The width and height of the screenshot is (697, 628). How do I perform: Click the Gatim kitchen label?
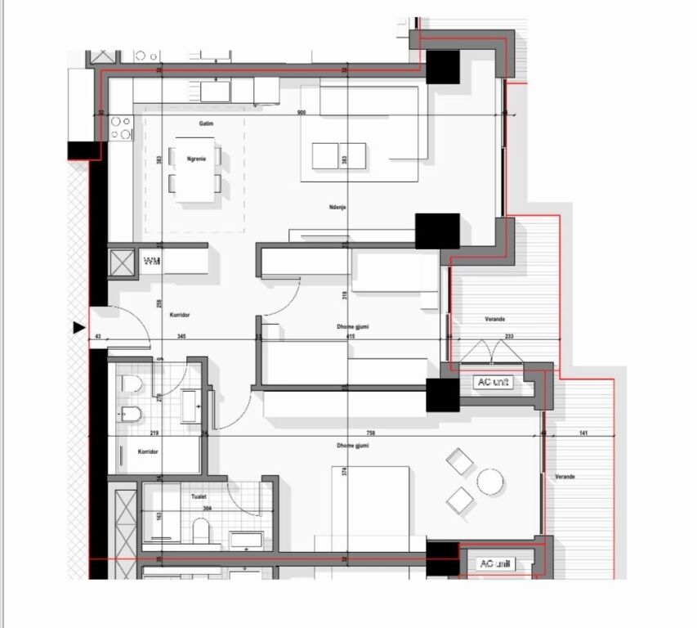tap(205, 123)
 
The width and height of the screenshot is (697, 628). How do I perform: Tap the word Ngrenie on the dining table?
tap(195, 159)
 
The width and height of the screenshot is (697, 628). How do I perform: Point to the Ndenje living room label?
tap(337, 208)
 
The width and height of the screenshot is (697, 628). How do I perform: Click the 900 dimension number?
tap(301, 113)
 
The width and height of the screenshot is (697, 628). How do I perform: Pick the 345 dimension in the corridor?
tap(181, 336)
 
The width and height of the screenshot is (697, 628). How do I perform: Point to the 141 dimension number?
tap(583, 433)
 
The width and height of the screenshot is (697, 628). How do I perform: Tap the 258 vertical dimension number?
tap(160, 304)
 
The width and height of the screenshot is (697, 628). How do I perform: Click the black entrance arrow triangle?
tap(79, 328)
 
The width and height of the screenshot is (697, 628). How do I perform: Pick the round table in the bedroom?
tap(490, 482)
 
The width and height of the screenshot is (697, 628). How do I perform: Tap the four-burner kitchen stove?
tap(121, 128)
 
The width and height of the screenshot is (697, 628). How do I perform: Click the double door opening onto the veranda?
tap(488, 351)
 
